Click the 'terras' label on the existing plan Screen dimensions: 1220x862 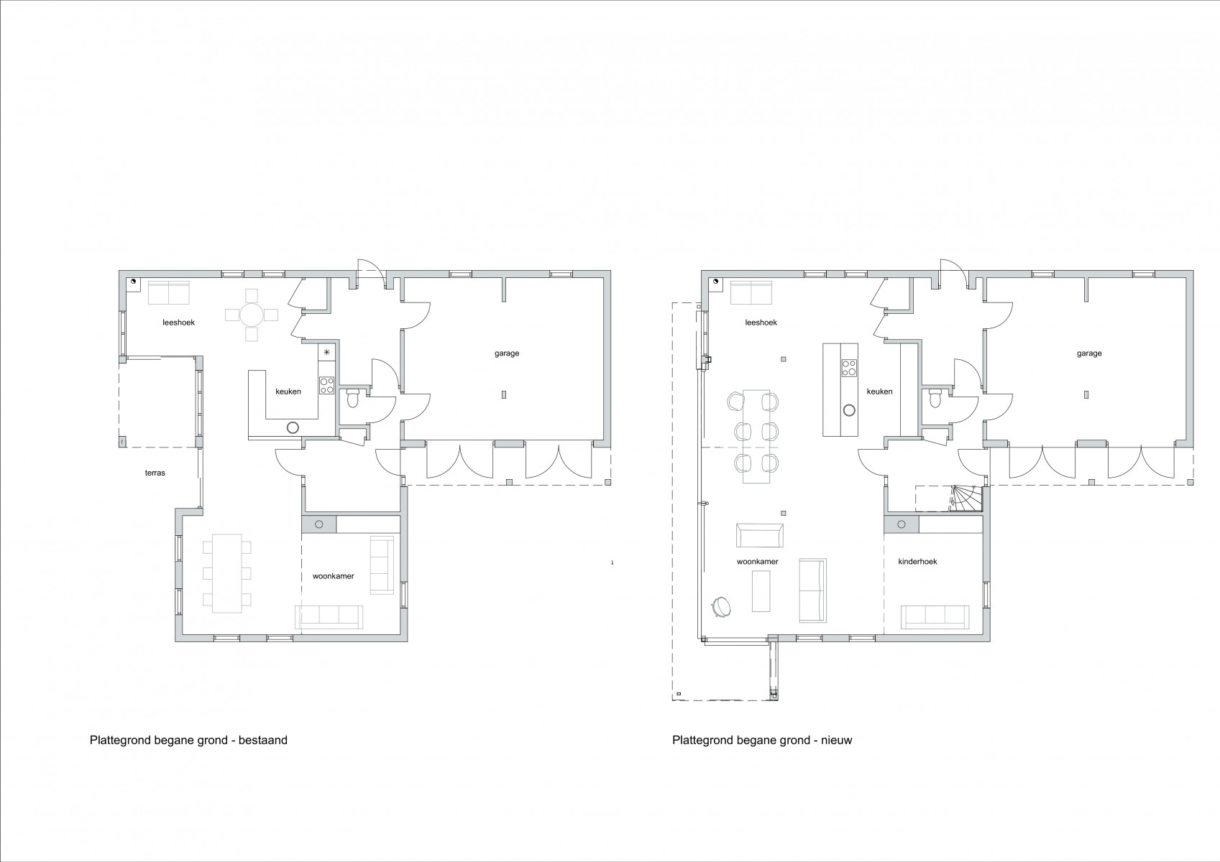155,473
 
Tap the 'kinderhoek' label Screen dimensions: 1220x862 917,561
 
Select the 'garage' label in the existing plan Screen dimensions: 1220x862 507,353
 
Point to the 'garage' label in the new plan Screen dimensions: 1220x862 1088,353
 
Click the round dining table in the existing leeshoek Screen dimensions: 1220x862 252,315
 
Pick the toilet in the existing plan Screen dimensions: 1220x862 352,398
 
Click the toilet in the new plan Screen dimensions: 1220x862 935,398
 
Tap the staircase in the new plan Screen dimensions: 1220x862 966,499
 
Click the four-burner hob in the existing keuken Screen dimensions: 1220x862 327,385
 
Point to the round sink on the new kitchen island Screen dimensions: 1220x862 848,410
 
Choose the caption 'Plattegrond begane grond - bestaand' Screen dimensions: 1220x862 188,740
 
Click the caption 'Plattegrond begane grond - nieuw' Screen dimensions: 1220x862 762,740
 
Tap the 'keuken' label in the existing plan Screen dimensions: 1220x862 288,391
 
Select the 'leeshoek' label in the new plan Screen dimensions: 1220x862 761,322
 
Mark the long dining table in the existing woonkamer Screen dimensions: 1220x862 226,573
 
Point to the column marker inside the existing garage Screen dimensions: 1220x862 504,394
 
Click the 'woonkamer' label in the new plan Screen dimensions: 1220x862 758,562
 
